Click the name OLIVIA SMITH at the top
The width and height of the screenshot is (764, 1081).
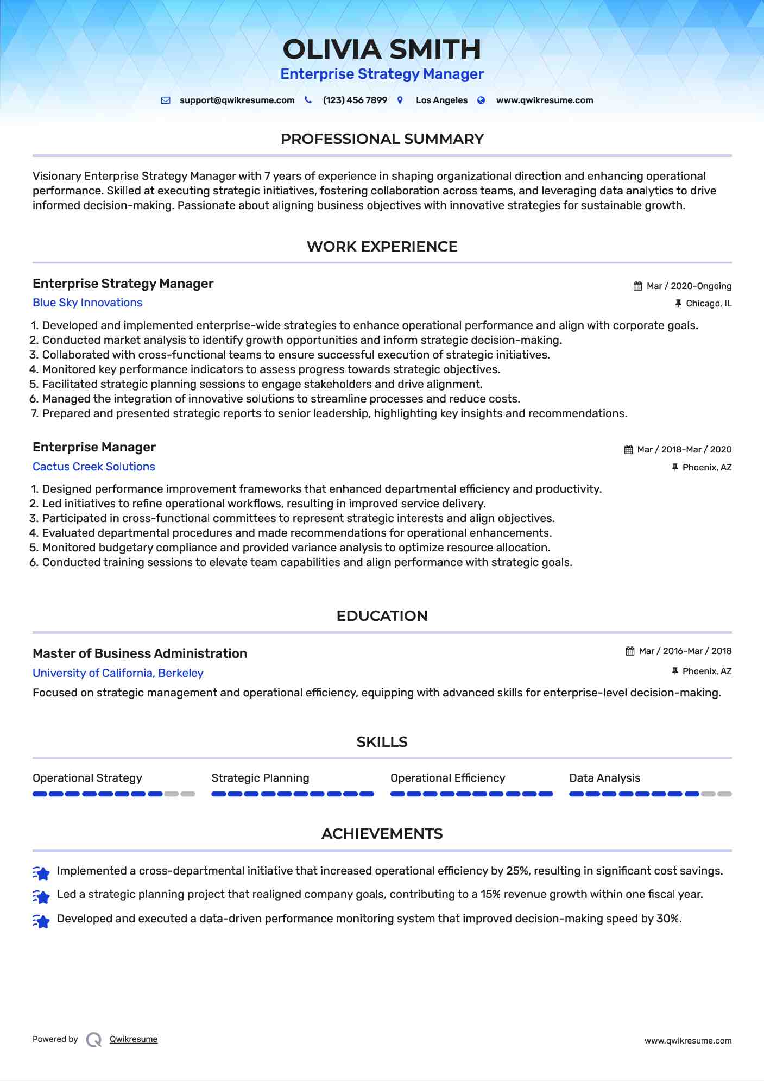(x=382, y=49)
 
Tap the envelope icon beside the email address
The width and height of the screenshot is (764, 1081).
(x=166, y=100)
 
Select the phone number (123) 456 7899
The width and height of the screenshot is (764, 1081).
(x=355, y=100)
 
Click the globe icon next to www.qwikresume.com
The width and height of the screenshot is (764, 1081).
(x=481, y=100)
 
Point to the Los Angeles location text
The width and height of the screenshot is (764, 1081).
(x=441, y=100)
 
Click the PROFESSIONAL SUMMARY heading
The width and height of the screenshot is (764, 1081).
(x=382, y=139)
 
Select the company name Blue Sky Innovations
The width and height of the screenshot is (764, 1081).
(x=87, y=303)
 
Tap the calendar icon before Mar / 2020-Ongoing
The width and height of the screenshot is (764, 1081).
(x=637, y=286)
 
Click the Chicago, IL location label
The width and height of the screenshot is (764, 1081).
(x=709, y=304)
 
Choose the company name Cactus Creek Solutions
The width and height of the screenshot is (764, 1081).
(x=94, y=467)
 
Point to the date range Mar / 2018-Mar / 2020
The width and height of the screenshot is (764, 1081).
(x=684, y=450)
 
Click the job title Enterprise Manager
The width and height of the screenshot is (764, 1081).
(x=94, y=447)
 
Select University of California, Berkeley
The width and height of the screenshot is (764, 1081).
(x=118, y=673)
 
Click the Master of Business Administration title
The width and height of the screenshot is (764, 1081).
(x=140, y=653)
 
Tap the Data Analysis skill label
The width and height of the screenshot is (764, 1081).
(x=604, y=778)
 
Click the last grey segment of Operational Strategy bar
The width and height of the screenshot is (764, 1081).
(x=188, y=794)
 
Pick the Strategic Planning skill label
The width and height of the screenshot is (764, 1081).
(x=260, y=778)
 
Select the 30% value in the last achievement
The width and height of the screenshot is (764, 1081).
(x=668, y=919)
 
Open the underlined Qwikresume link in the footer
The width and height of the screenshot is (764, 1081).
(x=134, y=1039)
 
